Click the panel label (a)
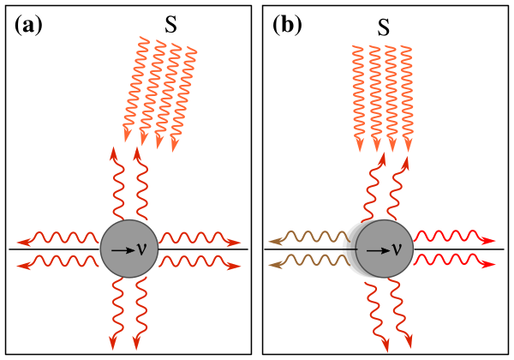[28, 25]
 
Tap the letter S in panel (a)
[171, 24]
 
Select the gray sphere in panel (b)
[385, 249]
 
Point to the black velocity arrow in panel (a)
[123, 249]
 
